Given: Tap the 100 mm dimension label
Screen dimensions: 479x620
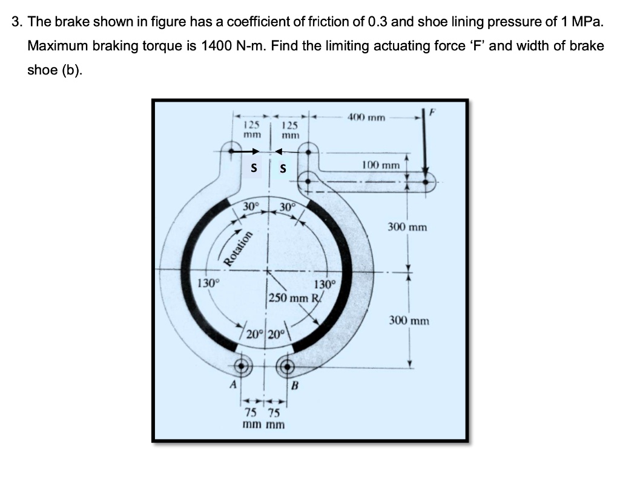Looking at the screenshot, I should [381, 165].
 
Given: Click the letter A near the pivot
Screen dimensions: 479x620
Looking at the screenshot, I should [231, 384].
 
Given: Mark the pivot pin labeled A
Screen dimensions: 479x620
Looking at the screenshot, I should [243, 365].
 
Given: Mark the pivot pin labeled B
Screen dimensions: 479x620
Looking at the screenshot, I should [286, 365].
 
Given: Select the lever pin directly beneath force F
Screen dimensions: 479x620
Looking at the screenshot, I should [427, 181].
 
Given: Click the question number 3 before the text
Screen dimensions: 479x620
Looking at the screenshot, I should [16, 23].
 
